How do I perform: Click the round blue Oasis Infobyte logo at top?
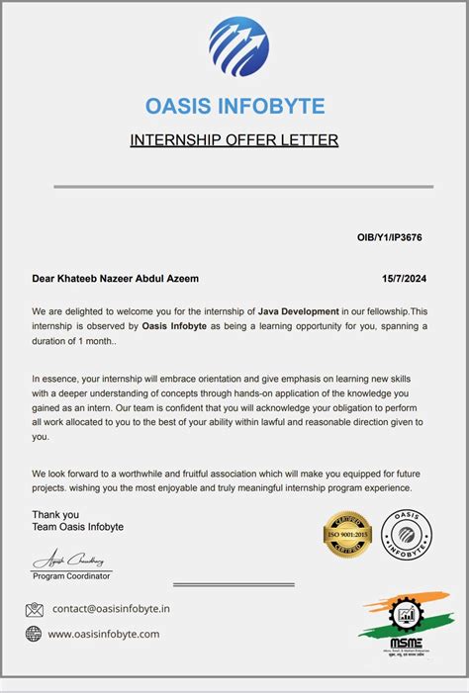coord(238,46)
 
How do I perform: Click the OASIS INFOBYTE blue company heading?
coord(234,106)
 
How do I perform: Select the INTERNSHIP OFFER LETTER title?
coord(234,140)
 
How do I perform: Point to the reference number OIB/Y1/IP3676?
coord(390,238)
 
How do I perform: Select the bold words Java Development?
coord(299,311)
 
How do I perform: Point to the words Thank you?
coord(55,514)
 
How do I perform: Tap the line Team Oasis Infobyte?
coord(78,527)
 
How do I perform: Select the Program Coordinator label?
coord(72,574)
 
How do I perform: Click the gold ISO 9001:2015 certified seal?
coord(347,535)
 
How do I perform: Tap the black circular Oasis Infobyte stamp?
coord(405,535)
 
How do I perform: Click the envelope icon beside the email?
coord(35,609)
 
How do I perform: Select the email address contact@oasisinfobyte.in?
coord(111,609)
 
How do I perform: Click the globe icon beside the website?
coord(34,634)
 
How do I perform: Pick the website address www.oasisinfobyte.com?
coord(103,634)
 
